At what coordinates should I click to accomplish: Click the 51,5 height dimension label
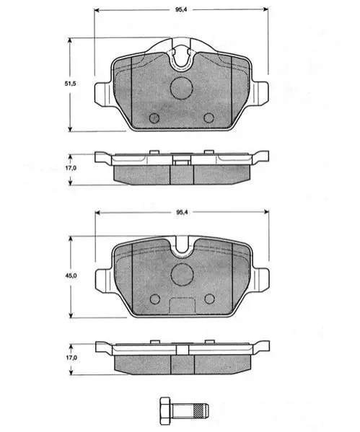(70, 84)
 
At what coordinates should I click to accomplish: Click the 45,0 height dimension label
(71, 275)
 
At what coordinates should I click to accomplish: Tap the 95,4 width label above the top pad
(181, 9)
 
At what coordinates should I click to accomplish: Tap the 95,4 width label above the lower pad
(182, 212)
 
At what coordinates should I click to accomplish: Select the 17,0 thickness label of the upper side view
(71, 168)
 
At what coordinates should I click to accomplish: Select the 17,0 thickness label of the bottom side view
(71, 358)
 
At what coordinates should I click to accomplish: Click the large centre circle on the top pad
(181, 88)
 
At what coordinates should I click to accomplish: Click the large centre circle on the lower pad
(182, 274)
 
